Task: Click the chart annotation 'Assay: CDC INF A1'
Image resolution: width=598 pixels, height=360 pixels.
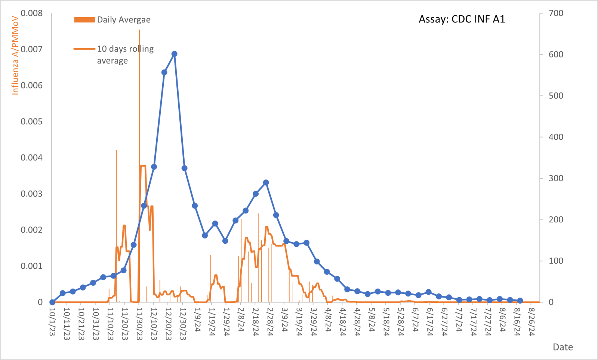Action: click(462, 19)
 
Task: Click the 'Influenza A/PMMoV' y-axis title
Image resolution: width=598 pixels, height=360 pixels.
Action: click(15, 55)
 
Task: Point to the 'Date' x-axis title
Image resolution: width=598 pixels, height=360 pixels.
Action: click(562, 347)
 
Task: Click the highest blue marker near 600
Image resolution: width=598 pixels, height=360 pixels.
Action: click(174, 54)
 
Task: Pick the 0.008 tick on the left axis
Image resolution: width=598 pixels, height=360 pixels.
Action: click(32, 13)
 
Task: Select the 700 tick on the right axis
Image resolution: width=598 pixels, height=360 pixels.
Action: click(556, 13)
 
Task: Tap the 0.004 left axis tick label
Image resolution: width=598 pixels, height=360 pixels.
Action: click(32, 158)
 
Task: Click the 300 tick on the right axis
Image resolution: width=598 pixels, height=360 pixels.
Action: click(556, 178)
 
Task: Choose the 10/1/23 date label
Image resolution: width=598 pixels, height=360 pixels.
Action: click(52, 321)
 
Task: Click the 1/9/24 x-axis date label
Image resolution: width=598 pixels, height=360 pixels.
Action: click(197, 320)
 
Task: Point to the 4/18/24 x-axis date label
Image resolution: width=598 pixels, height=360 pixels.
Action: click(343, 321)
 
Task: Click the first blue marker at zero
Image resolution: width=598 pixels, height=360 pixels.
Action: click(52, 302)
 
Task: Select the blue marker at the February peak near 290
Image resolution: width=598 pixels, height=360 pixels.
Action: click(266, 183)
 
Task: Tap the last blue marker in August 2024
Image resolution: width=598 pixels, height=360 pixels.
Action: click(520, 301)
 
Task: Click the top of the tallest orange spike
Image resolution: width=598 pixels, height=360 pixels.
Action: click(139, 30)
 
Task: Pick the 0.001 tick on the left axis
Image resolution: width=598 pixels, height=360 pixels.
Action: click(32, 266)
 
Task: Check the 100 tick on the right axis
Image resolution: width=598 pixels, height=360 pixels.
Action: click(556, 261)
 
